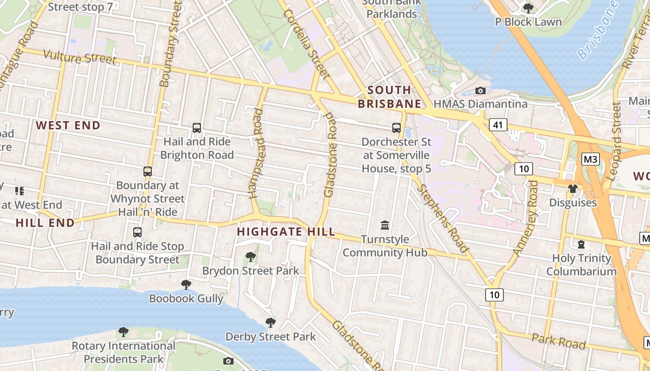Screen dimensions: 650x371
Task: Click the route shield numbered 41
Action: point(498,125)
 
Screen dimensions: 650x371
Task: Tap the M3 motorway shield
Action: point(591,160)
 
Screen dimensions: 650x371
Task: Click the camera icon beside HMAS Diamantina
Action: point(481,91)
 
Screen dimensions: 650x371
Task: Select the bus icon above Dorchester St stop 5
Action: point(396,128)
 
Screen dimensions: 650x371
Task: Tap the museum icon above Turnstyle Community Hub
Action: point(385,225)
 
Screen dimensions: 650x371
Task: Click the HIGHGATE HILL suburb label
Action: point(286,232)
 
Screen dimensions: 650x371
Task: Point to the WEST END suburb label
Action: point(68,125)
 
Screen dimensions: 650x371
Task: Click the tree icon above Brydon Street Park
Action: point(251,256)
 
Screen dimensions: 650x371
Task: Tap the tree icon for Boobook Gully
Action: point(186,284)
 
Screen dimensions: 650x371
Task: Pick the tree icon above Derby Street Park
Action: point(270,322)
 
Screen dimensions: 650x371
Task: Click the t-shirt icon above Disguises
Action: point(572,189)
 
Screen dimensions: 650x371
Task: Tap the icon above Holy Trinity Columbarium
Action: point(581,244)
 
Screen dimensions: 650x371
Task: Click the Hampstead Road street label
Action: point(256,153)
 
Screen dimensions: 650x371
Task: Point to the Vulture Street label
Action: point(79,57)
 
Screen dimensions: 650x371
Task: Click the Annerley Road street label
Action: point(526,218)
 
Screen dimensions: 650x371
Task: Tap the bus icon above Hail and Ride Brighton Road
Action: point(197,128)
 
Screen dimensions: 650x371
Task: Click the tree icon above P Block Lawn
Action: point(528,8)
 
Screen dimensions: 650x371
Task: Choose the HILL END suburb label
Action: point(45,223)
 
